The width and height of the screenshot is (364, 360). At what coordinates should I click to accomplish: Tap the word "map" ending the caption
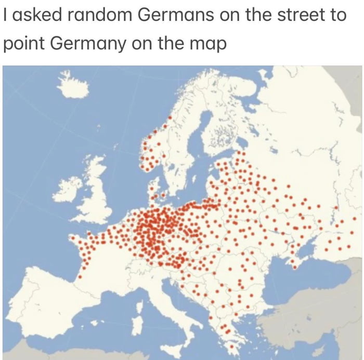pyautogui.click(x=210, y=45)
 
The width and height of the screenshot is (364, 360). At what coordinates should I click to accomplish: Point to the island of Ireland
pyautogui.click(x=67, y=189)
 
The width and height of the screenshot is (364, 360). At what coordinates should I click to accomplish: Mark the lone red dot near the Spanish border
pyautogui.click(x=80, y=277)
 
